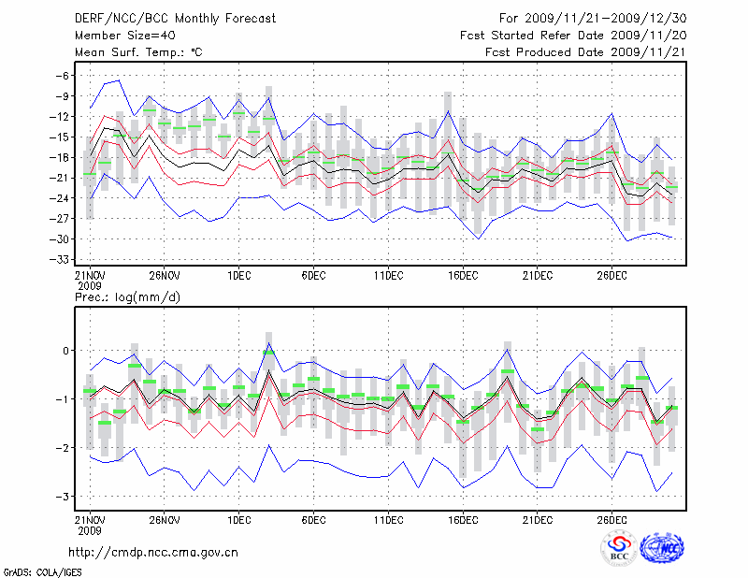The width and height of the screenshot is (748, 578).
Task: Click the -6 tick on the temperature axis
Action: (64, 76)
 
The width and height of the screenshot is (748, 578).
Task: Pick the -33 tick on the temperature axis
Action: (61, 259)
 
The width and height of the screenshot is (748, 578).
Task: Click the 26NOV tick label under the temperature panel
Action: (164, 276)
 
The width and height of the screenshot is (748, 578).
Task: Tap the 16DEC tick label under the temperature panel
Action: (463, 276)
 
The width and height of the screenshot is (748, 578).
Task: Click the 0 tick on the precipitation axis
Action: (66, 351)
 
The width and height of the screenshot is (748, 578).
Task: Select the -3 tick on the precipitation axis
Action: (64, 497)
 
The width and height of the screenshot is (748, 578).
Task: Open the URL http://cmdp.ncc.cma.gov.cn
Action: (154, 552)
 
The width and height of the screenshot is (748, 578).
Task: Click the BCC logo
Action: (619, 548)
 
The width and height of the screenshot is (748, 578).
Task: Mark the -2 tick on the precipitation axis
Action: (64, 448)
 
